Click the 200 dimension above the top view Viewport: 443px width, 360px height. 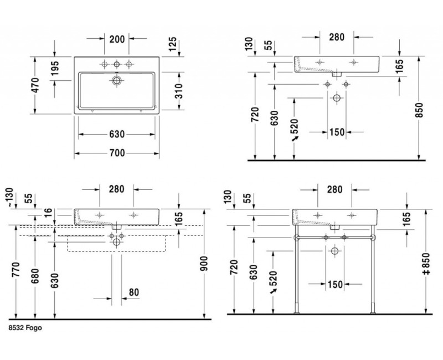[x=117, y=39]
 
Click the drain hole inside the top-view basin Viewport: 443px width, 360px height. [x=117, y=81]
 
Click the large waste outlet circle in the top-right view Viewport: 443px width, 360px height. [x=336, y=99]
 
